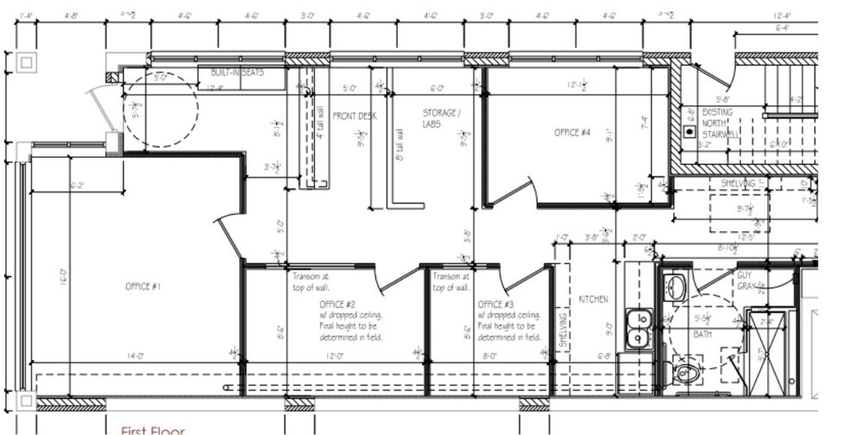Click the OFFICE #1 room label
pos(142,287)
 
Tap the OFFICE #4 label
pos(572,132)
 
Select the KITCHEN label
pos(594,299)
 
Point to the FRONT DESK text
pos(354,116)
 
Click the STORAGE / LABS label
pos(441,118)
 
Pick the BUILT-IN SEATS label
pos(236,73)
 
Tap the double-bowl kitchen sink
pos(639,326)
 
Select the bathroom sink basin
pos(676,287)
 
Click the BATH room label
pos(702,334)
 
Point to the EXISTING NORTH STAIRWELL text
pos(720,123)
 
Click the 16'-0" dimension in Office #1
pos(63,282)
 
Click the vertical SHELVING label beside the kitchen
pos(563,330)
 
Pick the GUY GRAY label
pos(745,281)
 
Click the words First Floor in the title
pos(153,429)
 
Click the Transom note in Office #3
pos(450,282)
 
